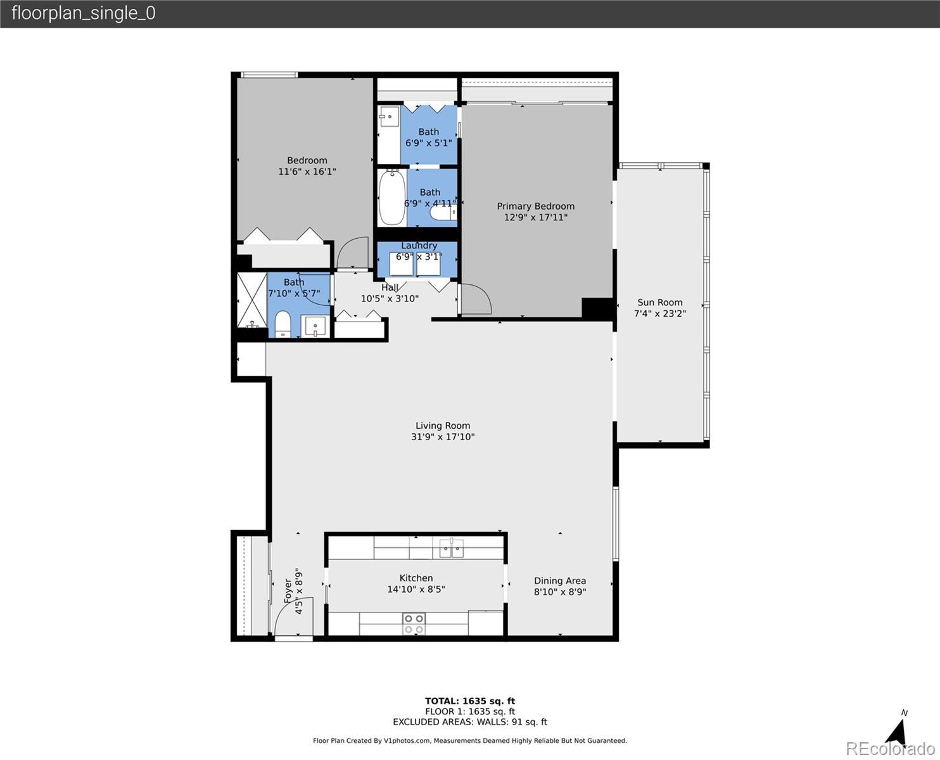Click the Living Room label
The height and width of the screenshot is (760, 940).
point(443,426)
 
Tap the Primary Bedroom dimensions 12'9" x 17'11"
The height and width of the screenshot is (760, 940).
point(536,217)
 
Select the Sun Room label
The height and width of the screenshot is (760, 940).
point(660,302)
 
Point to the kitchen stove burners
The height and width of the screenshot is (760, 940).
point(414,624)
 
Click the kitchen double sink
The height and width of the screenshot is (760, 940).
point(452,548)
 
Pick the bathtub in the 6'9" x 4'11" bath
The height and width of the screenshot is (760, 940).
point(392,197)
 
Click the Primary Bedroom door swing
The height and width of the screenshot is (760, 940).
point(476,299)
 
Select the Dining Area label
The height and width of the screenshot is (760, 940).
point(560,581)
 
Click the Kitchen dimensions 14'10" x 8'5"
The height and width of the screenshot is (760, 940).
point(416,589)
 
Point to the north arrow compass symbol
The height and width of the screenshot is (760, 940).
point(896,732)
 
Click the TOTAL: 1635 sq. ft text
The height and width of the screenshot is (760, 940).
point(470,701)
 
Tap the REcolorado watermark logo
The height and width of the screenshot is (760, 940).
point(891,749)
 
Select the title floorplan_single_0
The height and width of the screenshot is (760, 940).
point(84,13)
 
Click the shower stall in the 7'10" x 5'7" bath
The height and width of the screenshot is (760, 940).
point(252,301)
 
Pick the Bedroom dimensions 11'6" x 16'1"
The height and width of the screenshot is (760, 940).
point(307,172)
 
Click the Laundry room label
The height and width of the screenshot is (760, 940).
point(419,246)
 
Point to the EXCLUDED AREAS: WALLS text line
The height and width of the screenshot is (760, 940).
point(470,722)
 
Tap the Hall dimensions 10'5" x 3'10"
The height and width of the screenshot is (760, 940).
point(390,299)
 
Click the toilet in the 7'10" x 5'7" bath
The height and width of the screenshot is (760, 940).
point(283,324)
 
